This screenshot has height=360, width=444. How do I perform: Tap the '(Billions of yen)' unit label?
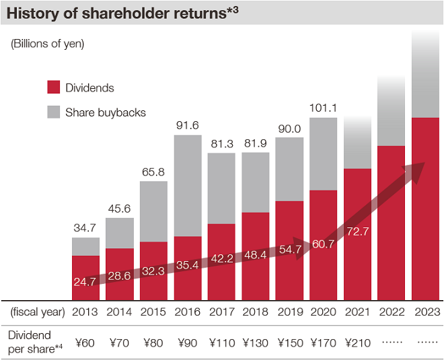tap(47, 44)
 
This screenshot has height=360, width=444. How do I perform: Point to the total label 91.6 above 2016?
tap(187, 125)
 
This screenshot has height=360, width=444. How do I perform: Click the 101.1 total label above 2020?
tap(323, 108)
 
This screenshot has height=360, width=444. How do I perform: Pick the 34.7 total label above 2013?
tap(85, 227)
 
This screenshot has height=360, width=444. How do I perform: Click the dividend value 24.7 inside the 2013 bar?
tap(85, 281)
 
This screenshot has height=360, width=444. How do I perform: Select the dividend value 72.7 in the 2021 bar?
tap(357, 231)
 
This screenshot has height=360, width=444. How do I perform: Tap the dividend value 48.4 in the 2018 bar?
tap(255, 256)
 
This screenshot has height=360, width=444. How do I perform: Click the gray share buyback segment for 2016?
tap(187, 185)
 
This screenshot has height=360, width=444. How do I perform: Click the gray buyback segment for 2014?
tap(119, 233)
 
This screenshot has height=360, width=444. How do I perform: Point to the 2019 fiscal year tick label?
tap(289, 312)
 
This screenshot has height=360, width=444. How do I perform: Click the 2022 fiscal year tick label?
tap(391, 312)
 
